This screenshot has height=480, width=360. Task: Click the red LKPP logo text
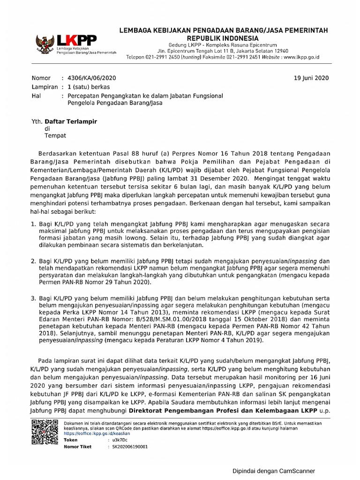click(72, 39)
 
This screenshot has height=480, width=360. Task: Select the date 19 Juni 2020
click(311, 78)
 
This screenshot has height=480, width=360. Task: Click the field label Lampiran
click(45, 87)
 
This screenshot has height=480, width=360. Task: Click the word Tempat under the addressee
click(55, 136)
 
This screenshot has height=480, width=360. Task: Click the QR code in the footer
click(44, 431)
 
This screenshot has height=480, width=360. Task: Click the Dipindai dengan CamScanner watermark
click(274, 471)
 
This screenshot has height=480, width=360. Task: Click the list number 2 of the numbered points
click(33, 261)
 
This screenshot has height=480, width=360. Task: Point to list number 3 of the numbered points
click(33, 298)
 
